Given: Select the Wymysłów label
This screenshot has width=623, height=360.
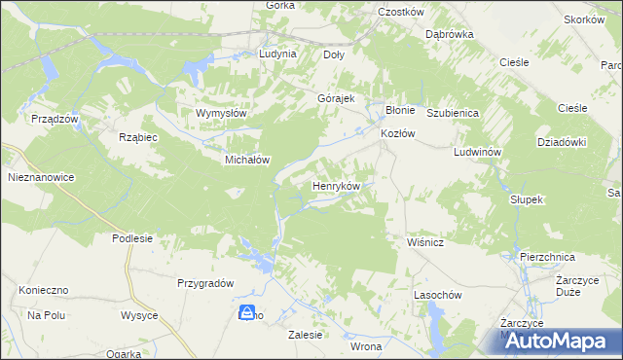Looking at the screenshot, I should (x=222, y=113).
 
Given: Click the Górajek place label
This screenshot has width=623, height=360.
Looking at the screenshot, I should (x=336, y=99).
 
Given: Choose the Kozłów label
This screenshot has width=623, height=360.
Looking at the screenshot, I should (x=398, y=132).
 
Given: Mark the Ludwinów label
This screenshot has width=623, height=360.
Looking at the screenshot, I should (x=477, y=154).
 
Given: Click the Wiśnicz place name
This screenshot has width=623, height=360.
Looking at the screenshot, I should (x=424, y=242).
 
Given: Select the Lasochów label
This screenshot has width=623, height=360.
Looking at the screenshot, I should (x=436, y=294).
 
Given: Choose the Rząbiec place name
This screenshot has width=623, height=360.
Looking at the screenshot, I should (x=137, y=137).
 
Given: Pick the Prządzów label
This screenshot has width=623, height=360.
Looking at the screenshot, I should (x=54, y=118).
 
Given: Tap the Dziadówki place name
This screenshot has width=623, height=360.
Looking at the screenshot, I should (x=562, y=141).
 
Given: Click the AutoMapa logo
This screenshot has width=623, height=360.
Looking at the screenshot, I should (x=564, y=341).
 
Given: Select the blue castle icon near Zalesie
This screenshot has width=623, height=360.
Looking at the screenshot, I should (x=248, y=312).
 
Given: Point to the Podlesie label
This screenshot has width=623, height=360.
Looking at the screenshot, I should (x=132, y=238).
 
